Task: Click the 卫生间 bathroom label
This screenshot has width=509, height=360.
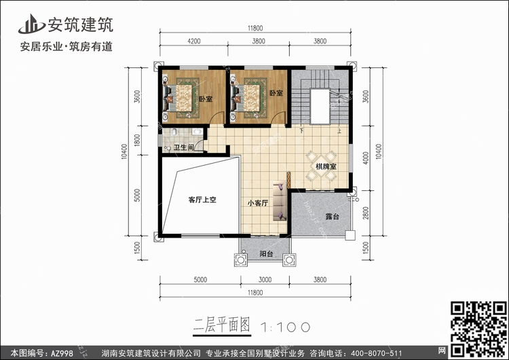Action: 184,147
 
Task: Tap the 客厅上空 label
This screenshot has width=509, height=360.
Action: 202,200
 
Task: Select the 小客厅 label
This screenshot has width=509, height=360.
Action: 258,203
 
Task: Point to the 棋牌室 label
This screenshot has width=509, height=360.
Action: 326,166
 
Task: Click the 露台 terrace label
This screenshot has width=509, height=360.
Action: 332,217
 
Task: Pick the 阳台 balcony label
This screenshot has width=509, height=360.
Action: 266,254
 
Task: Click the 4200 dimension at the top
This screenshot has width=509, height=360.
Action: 194,41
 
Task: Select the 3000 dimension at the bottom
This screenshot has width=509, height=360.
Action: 265,280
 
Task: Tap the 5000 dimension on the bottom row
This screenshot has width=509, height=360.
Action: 200,280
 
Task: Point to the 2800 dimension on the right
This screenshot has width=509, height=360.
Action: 366,213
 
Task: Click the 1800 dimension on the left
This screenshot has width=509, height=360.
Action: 137,140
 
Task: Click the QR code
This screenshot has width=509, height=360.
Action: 479,329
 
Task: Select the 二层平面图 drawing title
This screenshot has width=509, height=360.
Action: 222,325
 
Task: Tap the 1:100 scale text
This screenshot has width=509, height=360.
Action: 285,327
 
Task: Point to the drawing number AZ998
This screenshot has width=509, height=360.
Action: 62,353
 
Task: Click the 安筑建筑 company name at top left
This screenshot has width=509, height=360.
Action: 81,24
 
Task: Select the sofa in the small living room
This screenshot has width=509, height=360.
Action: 280,202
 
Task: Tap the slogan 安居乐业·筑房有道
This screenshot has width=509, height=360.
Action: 67,46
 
